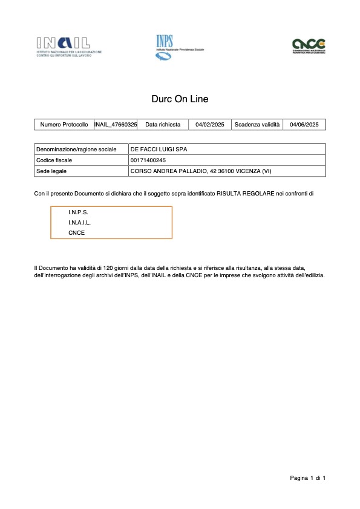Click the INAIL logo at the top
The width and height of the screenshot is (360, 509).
(69, 46)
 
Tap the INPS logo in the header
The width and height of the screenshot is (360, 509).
(164, 47)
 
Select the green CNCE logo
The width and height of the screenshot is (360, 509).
(309, 46)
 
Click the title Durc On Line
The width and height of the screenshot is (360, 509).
(180, 99)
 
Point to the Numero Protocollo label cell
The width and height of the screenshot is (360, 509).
(64, 125)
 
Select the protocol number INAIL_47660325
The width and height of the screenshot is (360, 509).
(116, 125)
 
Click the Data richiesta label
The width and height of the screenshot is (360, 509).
(163, 125)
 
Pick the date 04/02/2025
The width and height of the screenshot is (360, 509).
(210, 125)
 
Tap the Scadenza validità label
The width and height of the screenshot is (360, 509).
(257, 125)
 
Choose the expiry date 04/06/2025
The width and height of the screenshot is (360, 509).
(304, 125)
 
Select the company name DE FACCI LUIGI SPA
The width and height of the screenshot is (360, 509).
(159, 149)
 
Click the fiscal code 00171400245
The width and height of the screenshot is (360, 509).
(148, 160)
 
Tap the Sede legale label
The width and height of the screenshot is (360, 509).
(51, 171)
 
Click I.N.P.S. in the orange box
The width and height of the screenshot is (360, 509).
(78, 212)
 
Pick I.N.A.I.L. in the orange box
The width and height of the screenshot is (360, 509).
(80, 223)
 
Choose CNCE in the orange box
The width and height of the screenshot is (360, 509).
(77, 232)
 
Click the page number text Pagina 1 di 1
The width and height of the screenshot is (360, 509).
(308, 479)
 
